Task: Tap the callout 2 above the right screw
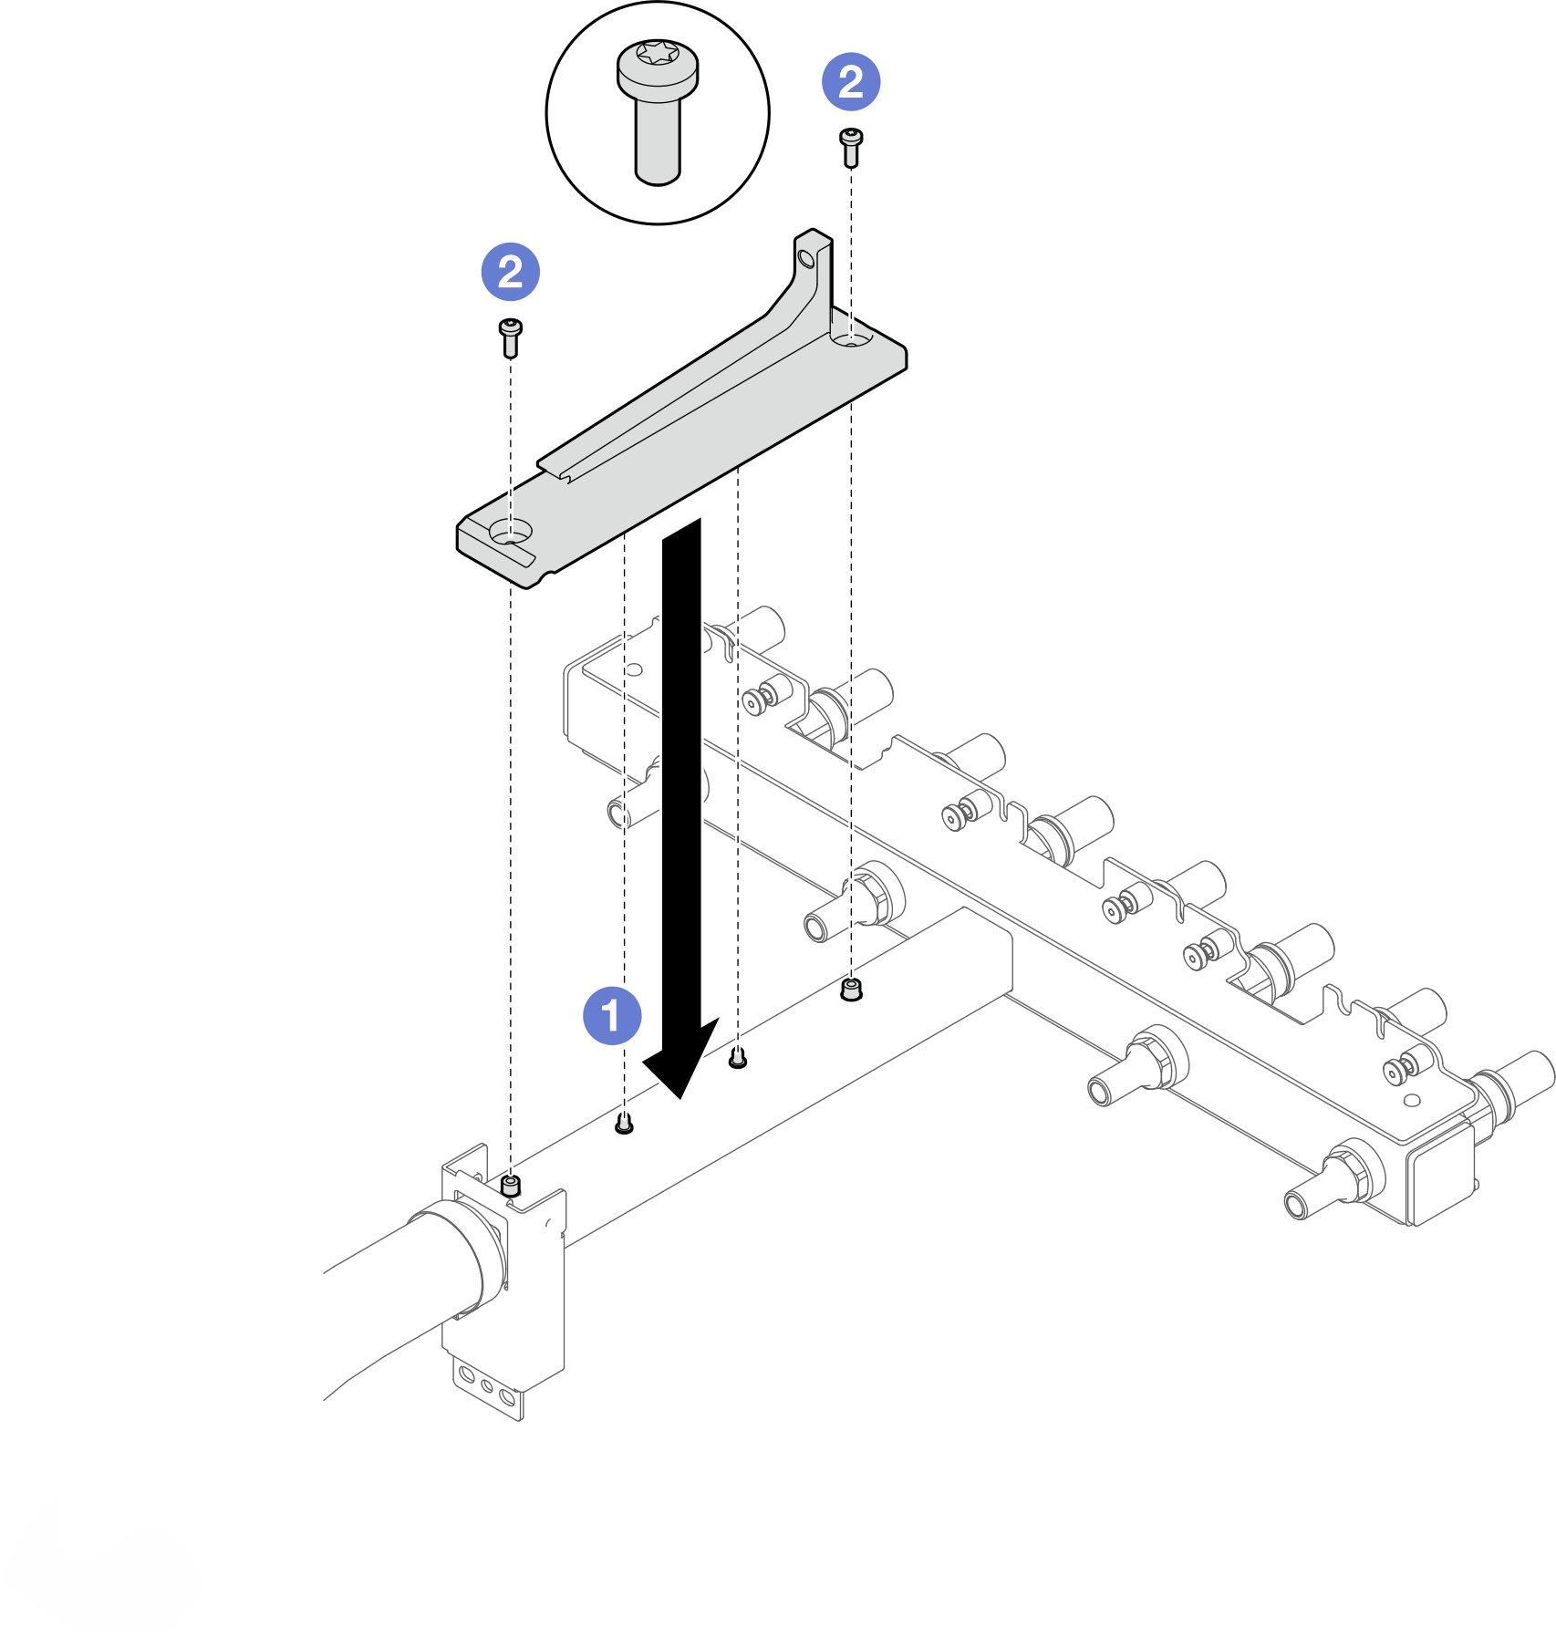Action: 851,82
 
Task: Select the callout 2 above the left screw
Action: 511,272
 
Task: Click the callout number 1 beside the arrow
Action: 612,1015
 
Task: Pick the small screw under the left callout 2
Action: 511,337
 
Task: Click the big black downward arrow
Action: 681,803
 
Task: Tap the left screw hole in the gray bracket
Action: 510,532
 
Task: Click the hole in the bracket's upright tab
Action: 805,260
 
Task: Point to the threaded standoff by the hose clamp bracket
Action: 511,1186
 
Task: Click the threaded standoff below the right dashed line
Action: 851,990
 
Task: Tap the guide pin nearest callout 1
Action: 624,1124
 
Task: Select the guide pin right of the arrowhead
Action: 738,1059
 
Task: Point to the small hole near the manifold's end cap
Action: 1412,1100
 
